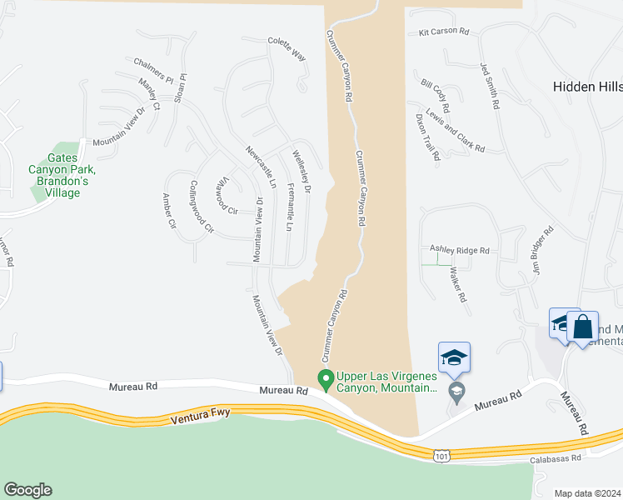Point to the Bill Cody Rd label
point(436,97)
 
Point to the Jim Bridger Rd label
point(541,251)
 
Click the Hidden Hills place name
point(588,86)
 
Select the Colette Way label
point(287,48)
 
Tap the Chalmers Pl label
point(153,71)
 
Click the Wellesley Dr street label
point(301,172)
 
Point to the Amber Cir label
point(169,212)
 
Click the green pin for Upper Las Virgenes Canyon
point(326,380)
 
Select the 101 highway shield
point(442,455)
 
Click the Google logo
point(27,490)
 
